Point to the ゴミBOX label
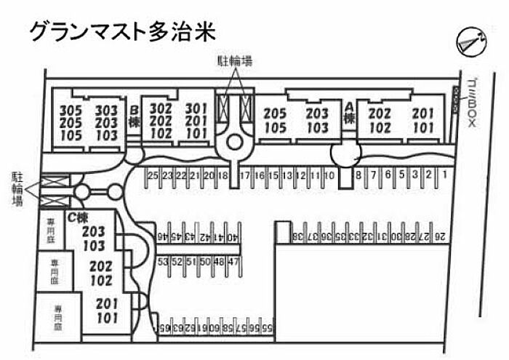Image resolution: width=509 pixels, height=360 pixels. pos(471,104)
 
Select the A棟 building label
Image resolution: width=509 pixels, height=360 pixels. pos(349,113)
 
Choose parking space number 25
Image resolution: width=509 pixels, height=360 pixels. pos(152,175)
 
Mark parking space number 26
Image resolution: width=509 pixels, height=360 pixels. pos(441,236)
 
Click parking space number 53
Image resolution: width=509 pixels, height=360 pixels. pos(163,261)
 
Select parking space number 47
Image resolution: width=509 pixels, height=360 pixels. pos(233,261)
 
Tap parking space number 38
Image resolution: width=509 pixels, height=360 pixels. pos(297,236)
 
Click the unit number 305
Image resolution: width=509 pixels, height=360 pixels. pos(71,110)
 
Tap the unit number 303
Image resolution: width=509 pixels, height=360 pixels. pos(107,110)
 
